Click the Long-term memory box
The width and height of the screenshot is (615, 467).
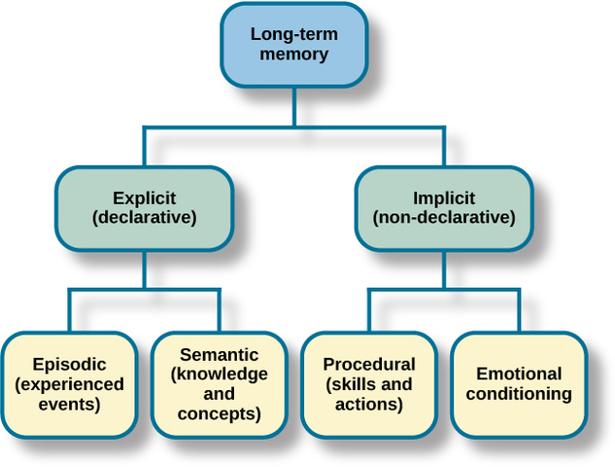[293, 44]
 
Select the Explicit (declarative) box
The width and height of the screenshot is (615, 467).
[144, 208]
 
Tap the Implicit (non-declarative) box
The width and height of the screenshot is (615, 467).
[443, 208]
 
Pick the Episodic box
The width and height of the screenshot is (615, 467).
[69, 384]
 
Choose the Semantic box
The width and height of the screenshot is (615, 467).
[219, 384]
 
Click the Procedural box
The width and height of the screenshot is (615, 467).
[368, 384]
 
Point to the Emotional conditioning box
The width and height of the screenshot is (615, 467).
[519, 384]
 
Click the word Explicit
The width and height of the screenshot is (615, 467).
[144, 198]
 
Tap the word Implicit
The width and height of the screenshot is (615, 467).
[444, 198]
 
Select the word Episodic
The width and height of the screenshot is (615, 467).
[69, 365]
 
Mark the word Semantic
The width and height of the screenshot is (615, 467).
[219, 355]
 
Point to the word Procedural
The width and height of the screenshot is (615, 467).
[369, 365]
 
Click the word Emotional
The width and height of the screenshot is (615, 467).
[519, 374]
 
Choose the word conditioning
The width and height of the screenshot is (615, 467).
[519, 394]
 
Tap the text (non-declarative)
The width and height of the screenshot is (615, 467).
[444, 218]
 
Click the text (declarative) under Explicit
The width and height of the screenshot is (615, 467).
[144, 218]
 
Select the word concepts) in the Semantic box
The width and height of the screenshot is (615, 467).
[219, 413]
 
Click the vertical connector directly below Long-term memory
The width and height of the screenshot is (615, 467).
[293, 107]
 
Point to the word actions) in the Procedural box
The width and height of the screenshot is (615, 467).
[368, 404]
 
